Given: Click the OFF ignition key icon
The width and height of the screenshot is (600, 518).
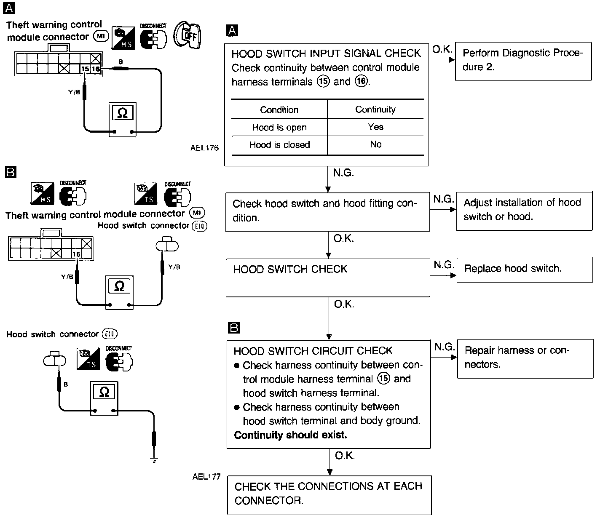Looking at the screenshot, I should click(187, 35).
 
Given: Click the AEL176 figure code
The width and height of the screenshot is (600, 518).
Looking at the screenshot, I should click(204, 148).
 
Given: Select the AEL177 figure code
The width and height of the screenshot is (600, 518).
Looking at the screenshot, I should click(206, 477).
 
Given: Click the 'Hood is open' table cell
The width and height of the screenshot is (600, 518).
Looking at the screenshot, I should click(279, 127).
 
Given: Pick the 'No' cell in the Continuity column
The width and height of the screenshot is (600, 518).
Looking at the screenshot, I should click(376, 144).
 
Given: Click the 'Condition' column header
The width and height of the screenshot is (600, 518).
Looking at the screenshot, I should click(279, 110).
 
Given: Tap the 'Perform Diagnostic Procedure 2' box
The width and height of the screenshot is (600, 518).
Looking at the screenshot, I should click(523, 60).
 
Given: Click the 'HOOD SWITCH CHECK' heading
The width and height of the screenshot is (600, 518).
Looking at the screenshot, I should click(290, 270).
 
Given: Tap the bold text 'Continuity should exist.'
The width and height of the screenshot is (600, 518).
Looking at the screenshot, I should click(290, 435).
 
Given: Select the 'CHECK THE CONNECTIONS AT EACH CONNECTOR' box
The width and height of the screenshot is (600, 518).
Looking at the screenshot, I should click(329, 494).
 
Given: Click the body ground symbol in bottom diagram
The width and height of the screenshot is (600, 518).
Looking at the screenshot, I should click(154, 460).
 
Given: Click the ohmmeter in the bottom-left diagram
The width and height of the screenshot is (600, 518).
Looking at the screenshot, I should click(104, 398).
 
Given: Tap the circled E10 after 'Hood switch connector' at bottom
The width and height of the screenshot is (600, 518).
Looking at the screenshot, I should click(110, 334).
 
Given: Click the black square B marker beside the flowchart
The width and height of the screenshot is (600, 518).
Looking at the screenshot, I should click(233, 328).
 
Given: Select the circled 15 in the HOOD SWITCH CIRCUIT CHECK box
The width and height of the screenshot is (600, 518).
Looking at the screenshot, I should click(383, 379).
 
